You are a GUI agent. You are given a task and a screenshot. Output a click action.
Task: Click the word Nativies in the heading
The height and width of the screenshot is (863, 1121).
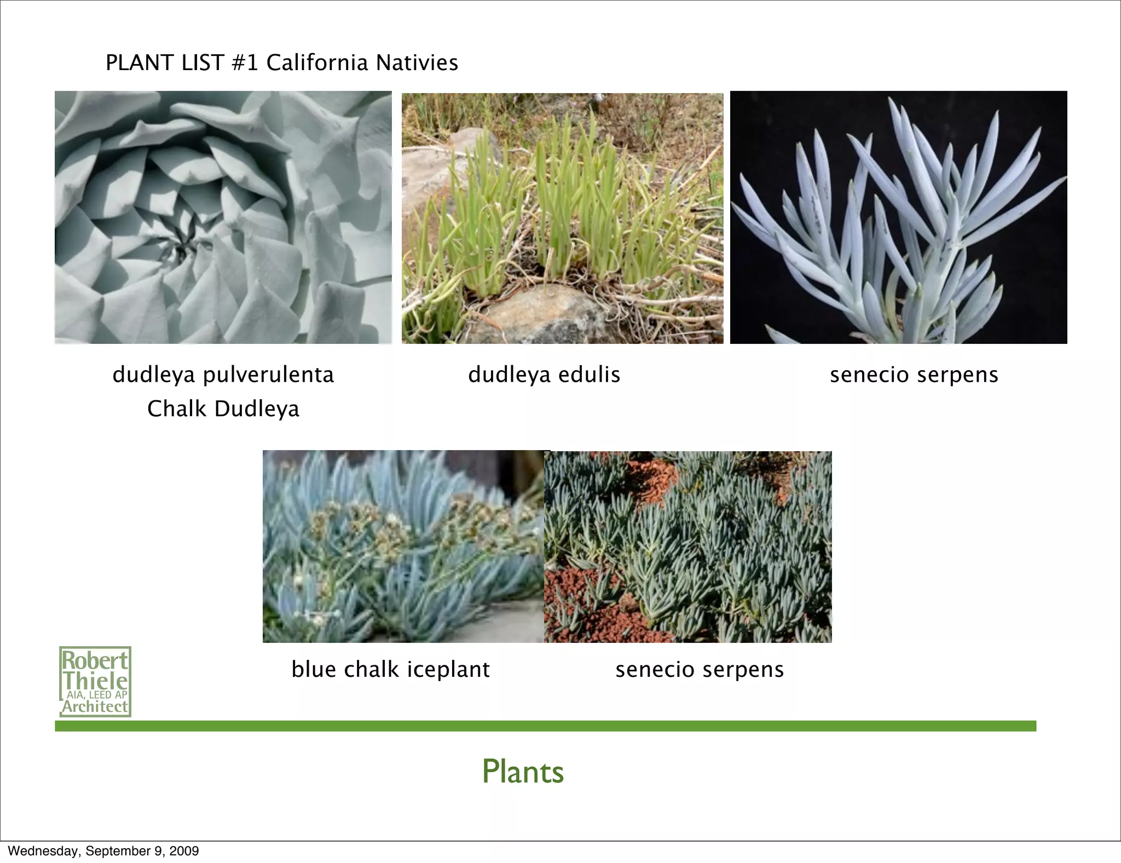[x=417, y=62]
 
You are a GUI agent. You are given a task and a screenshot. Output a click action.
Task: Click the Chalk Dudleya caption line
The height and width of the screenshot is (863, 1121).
[x=223, y=409]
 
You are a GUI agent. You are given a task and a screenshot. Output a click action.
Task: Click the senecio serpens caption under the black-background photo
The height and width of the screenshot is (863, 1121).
[x=914, y=375]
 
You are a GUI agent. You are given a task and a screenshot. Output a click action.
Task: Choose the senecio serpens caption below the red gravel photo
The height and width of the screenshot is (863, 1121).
[x=700, y=669]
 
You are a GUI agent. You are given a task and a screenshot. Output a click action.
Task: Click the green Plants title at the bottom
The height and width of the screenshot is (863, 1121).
[x=523, y=772]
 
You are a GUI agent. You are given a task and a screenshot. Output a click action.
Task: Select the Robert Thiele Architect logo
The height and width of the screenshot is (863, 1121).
[x=95, y=682]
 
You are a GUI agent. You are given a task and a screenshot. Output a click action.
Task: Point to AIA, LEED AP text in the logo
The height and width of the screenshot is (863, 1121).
[x=96, y=695]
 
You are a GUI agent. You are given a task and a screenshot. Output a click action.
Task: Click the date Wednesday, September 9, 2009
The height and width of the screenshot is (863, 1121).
[x=103, y=851]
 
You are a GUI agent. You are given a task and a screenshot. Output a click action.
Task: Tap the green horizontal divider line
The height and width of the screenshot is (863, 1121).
[x=545, y=726]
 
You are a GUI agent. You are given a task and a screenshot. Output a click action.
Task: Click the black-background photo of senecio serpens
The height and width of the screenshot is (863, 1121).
[x=898, y=217]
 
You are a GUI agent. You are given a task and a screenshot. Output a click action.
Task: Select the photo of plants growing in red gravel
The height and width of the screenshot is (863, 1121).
[x=688, y=546]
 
